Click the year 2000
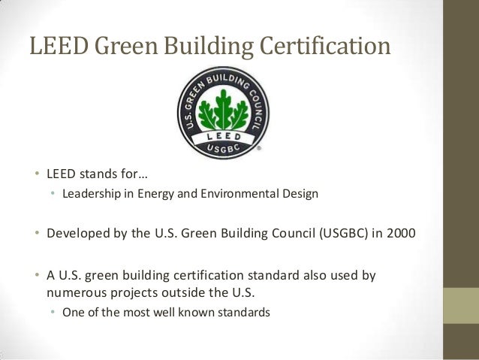[x=399, y=230]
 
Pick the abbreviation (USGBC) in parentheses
[x=346, y=230]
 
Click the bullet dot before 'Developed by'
[x=35, y=231]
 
